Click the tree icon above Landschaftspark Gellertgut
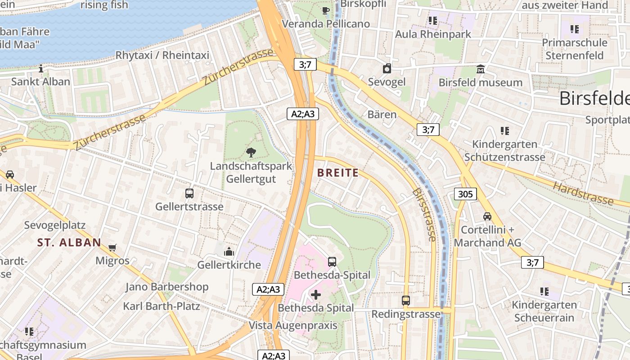pos(251,152)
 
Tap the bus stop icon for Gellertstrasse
pos(189,193)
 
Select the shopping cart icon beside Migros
pos(112,247)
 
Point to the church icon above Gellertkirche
pos(229,251)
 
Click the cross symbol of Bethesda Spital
pos(316,295)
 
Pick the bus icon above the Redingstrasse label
pos(406,300)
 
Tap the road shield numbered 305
pos(465,194)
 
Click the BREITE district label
pos(338,173)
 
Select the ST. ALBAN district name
pos(69,243)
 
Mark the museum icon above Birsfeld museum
pos(481,69)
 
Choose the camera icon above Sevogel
pos(387,69)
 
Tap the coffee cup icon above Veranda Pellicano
pos(326,10)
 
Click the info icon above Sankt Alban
pos(41,68)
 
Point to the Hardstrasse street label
pos(583,193)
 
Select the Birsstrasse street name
pos(424,215)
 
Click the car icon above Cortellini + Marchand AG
pos(487,216)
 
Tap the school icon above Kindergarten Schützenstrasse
pos(505,131)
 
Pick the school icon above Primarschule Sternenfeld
pos(575,29)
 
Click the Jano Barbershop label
pos(167,287)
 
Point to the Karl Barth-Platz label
pos(162,306)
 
